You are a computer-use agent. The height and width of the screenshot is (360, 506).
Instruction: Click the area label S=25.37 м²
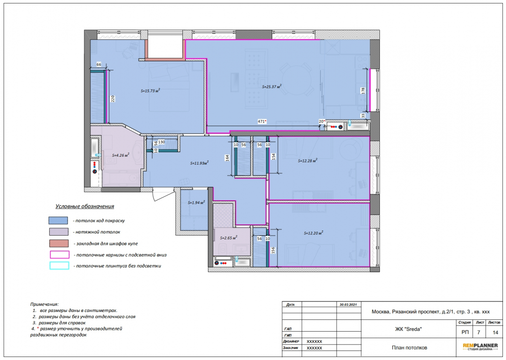pos(272,86)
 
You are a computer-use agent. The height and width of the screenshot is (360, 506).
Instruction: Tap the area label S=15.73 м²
pos(150,91)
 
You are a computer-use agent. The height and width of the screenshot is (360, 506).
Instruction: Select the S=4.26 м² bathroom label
pos(121,155)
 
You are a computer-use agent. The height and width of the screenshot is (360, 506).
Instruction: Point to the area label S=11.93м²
pos(199,163)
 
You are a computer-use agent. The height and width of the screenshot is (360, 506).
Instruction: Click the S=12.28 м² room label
pos(308,161)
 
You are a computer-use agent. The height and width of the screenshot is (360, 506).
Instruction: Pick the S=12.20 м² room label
pos(313,233)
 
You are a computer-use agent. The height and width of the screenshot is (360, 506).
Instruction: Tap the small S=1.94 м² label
pos(196,203)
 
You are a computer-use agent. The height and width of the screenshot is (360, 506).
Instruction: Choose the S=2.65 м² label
pos(229,238)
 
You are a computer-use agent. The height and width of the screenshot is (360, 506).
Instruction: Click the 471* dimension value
pos(262,121)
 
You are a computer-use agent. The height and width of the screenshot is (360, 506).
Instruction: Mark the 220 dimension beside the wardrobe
pos(113,99)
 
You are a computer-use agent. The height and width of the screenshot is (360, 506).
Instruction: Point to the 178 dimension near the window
pos(363,91)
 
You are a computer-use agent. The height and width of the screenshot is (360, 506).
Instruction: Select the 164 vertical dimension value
pos(227,158)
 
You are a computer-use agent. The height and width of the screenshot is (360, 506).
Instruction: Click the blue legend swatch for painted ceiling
pos(58,220)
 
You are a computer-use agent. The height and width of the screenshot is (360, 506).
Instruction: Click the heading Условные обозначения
pos(85,206)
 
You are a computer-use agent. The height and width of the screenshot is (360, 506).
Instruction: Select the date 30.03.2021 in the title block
pos(348,305)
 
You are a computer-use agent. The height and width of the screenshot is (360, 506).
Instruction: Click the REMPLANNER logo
pos(480,347)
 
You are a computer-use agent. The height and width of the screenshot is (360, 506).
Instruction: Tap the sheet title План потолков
pos(409,348)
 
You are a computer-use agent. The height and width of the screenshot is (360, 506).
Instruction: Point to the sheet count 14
pos(496,332)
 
